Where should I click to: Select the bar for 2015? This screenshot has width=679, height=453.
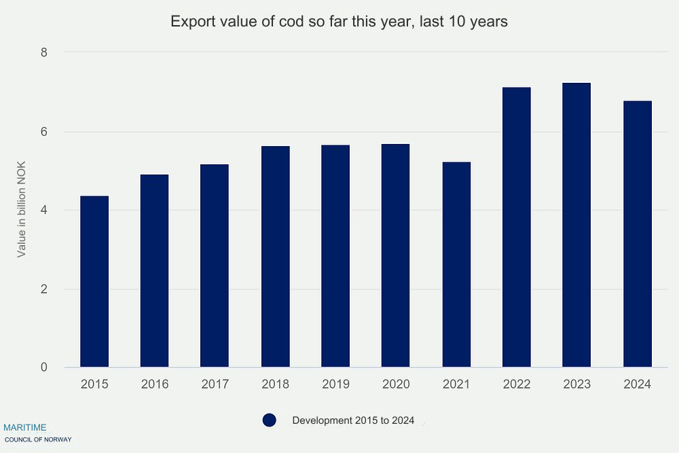[94, 282]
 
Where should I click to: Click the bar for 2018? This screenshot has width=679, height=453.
[275, 257]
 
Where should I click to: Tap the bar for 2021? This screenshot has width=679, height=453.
[456, 265]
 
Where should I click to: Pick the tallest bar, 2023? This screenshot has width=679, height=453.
[576, 225]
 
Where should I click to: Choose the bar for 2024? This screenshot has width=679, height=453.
[637, 234]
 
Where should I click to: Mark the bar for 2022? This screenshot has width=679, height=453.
[516, 228]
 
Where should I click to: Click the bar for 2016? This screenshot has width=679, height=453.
[154, 271]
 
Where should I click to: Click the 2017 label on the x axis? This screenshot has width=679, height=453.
[215, 384]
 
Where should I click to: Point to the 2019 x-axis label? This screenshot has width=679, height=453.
[335, 384]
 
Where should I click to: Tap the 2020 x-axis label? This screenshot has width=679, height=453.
[396, 384]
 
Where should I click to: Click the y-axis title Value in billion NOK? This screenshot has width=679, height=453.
[22, 209]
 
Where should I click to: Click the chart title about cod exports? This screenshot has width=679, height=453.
[339, 22]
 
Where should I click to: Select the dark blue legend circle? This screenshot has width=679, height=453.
[270, 420]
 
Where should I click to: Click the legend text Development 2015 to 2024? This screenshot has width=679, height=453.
[353, 420]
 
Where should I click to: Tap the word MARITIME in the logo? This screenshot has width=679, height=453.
[25, 427]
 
